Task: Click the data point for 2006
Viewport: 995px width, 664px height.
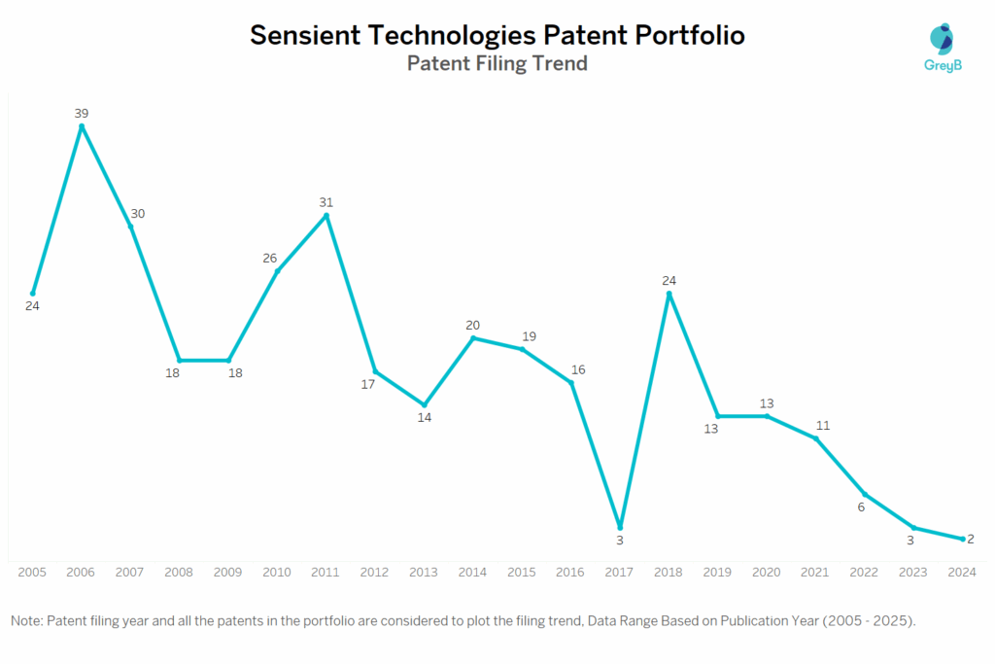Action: point(82,125)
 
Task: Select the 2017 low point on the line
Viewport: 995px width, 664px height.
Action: point(620,528)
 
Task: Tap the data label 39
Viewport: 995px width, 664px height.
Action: point(82,113)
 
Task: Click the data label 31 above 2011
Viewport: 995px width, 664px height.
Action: point(326,202)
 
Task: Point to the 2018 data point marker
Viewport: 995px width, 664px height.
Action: point(669,294)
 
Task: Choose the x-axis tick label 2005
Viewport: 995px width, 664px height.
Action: point(32,573)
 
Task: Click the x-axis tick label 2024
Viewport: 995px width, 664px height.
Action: point(962,573)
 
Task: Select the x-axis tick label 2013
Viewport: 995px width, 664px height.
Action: point(424,573)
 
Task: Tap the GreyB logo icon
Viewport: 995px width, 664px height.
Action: point(941,39)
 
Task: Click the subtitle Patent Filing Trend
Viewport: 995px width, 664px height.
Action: point(497,64)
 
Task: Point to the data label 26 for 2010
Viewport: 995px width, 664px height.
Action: point(270,258)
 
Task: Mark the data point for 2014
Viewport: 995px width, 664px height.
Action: point(473,338)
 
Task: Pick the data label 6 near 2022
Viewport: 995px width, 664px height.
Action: point(861,507)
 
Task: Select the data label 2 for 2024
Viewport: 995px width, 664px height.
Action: point(971,539)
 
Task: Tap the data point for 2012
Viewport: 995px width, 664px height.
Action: point(375,371)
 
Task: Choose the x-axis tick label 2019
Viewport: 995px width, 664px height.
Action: point(717,573)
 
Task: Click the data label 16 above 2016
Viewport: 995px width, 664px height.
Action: point(578,369)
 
